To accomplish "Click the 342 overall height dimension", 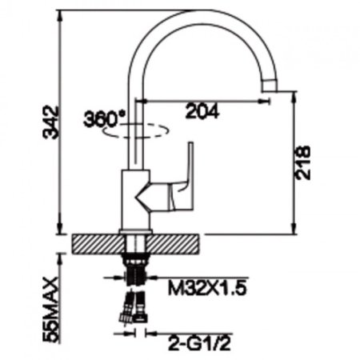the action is coord(51,122).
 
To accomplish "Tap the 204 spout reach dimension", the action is coord(202,111).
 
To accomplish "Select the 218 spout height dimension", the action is coord(302,162).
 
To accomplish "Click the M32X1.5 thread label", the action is coord(207,288).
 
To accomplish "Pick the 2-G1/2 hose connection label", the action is coord(199,344).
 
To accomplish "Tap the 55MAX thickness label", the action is coord(51,309).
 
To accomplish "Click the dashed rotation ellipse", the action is coord(136,131).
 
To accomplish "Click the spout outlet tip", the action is coord(269,86).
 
